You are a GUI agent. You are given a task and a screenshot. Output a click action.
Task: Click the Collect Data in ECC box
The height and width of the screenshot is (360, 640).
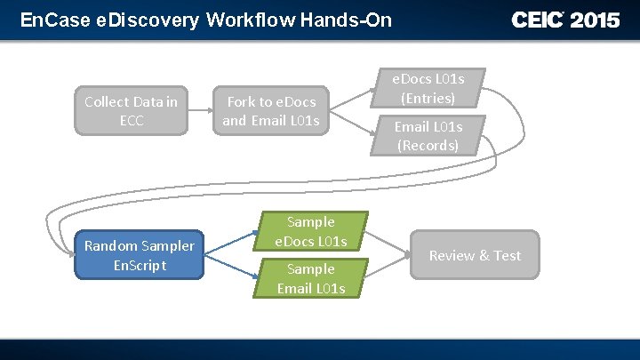[x=131, y=111]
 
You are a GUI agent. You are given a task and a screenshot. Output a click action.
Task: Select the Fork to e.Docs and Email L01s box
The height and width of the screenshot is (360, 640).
[x=271, y=111]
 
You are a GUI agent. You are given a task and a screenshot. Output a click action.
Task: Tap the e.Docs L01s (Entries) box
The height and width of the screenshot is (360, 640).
[x=428, y=88]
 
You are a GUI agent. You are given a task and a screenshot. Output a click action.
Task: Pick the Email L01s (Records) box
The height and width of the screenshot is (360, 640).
[x=428, y=135]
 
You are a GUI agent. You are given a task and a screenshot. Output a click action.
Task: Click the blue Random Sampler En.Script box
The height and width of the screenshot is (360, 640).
[x=139, y=255]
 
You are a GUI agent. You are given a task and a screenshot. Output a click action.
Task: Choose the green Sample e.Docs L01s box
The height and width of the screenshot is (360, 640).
[x=311, y=231]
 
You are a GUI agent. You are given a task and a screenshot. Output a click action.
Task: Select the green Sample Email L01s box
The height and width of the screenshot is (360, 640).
[x=311, y=278]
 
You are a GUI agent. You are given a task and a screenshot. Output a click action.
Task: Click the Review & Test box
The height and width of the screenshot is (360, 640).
[x=475, y=255]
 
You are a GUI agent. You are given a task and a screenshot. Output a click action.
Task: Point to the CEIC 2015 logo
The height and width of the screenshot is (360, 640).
[x=565, y=20]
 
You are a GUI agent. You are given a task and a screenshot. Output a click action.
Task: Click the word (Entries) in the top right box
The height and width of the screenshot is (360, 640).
[x=428, y=98]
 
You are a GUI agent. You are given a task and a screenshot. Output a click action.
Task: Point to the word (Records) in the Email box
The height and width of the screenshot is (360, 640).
[x=428, y=145]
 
